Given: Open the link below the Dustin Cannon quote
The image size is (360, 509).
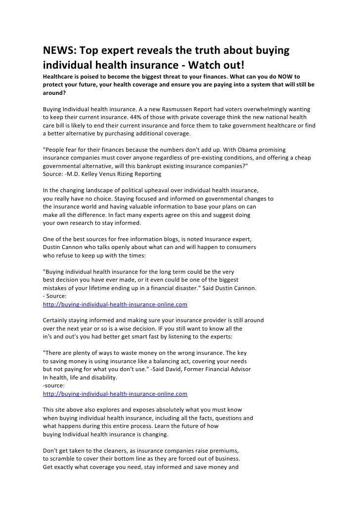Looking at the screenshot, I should coord(115,304).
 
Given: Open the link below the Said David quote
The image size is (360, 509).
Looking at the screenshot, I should coord(115,394).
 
